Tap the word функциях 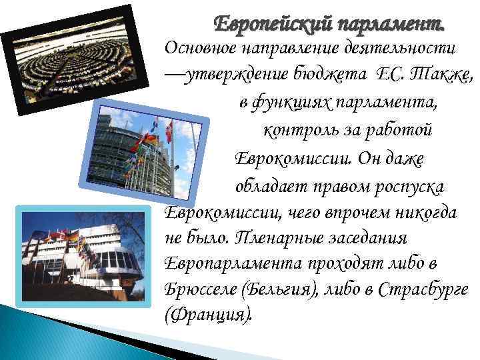coord(287,104)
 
